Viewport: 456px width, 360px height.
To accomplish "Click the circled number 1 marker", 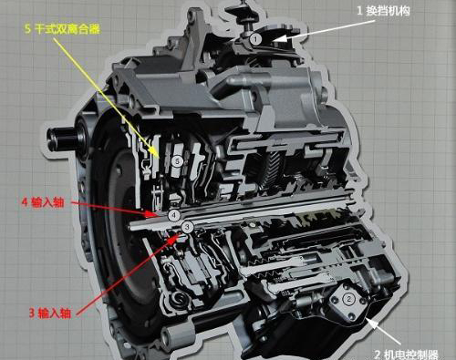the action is pos(256,39).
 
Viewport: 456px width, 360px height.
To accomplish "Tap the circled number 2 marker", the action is pos(348,299).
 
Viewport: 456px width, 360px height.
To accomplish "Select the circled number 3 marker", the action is pos(187,227).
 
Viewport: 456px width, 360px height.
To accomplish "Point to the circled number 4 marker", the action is pos(174,215).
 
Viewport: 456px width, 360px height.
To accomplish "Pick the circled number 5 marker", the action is pos(177,161).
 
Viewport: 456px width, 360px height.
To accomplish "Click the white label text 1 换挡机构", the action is pos(383,11).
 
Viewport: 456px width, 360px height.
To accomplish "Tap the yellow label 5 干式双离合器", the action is pos(62,29).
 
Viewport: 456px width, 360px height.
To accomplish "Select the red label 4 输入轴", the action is pos(43,202).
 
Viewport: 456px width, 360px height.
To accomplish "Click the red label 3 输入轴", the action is pos(50,313).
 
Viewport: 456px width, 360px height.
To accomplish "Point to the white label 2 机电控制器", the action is pos(406,355).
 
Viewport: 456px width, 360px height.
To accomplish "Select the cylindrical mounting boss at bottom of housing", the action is pos(177,335).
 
